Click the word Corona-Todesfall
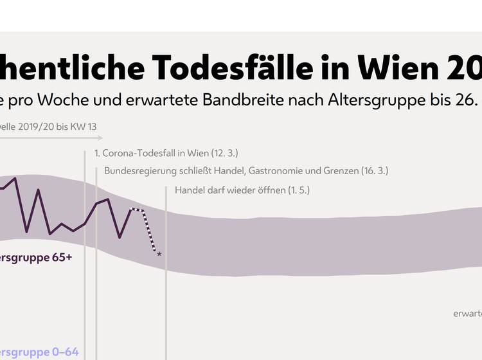tap(138, 153)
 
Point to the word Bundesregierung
tap(135, 171)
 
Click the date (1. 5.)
tap(299, 190)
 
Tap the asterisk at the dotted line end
tap(159, 255)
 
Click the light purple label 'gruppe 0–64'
tap(39, 352)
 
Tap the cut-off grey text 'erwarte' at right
tap(467, 314)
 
